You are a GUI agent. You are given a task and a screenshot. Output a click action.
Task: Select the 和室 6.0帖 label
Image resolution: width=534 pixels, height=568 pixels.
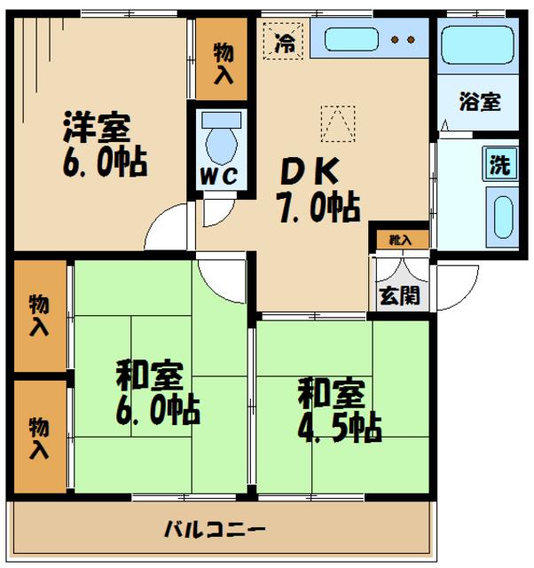coord(156,392)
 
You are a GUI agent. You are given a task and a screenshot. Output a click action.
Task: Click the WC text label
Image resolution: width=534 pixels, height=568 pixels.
coord(216,176)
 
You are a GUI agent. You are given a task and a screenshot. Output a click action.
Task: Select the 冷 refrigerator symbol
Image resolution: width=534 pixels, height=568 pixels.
coord(285,40)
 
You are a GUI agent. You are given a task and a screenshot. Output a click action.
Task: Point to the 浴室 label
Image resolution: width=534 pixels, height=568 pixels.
coord(480,100)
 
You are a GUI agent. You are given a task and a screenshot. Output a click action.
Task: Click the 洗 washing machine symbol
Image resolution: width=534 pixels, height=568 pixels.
coord(501,164)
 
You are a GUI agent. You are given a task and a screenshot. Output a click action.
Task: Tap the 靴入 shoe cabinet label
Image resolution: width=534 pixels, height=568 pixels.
coord(398,239)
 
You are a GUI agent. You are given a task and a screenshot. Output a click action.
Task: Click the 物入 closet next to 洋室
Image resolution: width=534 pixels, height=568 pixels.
coord(223,61)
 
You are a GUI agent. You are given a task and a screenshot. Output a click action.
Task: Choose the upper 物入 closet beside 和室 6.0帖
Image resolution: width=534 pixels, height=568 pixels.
coord(39,315)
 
